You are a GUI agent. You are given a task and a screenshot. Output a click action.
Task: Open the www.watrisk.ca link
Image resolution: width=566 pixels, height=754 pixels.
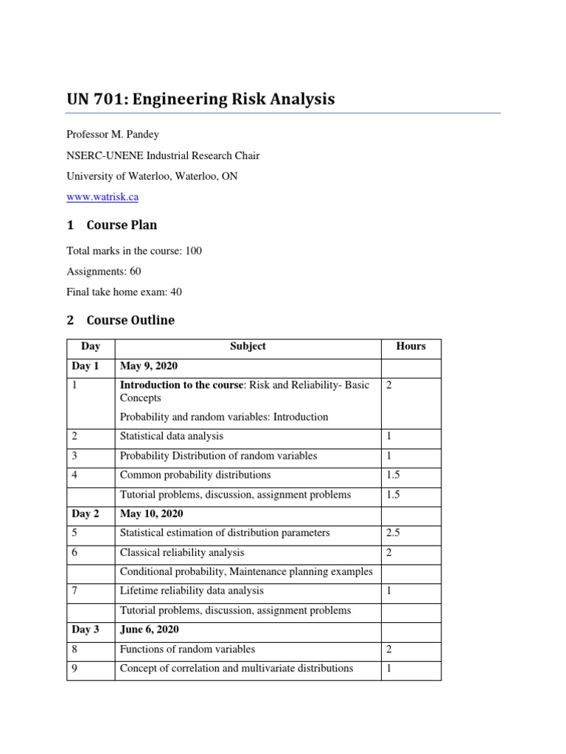(102, 197)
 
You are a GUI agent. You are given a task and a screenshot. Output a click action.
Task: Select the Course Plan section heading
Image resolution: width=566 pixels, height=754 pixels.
(121, 225)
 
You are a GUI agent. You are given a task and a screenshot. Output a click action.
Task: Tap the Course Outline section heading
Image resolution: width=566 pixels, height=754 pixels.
(130, 320)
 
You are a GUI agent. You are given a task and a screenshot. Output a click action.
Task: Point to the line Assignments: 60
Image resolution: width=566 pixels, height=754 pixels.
(104, 271)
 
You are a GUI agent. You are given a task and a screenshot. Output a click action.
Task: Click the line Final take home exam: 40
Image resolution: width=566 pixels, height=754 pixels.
(124, 292)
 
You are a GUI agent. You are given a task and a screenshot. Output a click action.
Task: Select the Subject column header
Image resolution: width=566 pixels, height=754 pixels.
(248, 347)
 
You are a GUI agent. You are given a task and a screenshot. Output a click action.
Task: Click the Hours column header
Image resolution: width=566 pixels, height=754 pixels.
(410, 347)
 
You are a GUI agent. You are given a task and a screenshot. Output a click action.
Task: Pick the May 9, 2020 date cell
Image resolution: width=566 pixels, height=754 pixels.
(149, 366)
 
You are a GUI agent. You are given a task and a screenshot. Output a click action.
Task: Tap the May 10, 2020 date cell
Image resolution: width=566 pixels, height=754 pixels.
(152, 513)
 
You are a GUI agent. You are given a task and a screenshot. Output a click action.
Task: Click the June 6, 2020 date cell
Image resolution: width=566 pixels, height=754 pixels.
(150, 630)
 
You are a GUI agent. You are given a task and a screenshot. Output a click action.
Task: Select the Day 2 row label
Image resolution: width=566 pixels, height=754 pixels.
(86, 513)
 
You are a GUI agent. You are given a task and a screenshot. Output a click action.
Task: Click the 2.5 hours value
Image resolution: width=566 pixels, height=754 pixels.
(394, 533)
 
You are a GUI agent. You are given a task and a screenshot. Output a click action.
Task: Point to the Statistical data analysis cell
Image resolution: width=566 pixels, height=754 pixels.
(172, 437)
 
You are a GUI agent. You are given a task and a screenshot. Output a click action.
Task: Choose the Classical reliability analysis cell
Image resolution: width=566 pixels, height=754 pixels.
(182, 552)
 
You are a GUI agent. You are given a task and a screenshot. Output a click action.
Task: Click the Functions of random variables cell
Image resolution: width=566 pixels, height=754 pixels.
(188, 649)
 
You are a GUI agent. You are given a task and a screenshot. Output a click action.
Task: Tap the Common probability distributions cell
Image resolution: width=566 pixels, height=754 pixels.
(195, 475)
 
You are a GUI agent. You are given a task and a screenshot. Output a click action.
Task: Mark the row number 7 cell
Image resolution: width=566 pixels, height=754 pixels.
(75, 591)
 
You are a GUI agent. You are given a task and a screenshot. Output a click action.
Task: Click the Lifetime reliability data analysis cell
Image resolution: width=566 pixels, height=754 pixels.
(192, 591)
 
